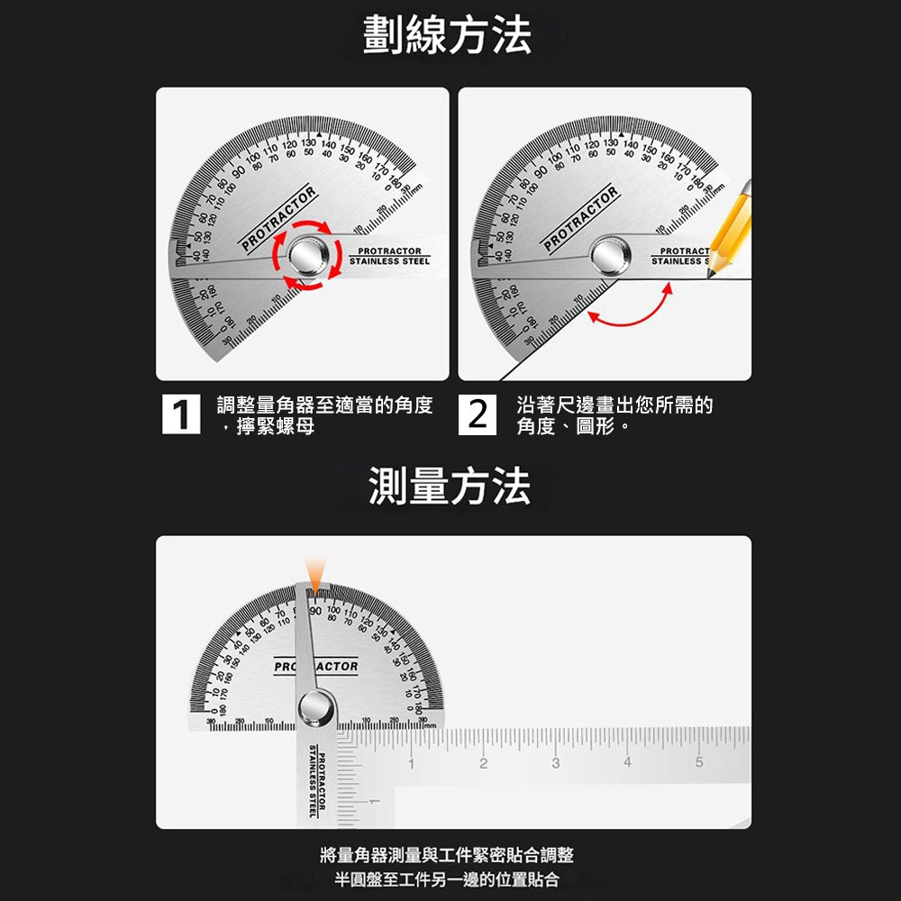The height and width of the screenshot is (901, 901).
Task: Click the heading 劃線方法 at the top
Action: pos(448,37)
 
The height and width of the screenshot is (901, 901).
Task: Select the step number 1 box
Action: pos(182,415)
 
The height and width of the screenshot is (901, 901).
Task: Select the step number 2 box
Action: pos(479,415)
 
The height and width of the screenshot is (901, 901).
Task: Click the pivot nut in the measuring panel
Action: pos(317,706)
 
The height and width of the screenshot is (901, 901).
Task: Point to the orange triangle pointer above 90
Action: pos(314,573)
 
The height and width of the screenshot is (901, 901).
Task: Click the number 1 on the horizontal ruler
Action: pos(409,764)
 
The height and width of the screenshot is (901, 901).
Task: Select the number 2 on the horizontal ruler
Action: pos(482,764)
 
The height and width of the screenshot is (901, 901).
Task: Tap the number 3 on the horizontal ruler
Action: pos(555,764)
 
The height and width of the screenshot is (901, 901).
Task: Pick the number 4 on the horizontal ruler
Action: pos(627,764)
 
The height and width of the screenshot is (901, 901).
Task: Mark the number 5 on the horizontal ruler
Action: pos(699,764)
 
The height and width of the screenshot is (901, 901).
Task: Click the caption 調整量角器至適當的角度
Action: pos(325,405)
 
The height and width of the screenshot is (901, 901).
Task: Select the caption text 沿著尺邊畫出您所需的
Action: pos(614,405)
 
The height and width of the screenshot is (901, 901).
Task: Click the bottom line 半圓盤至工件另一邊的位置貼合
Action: pos(447,880)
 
